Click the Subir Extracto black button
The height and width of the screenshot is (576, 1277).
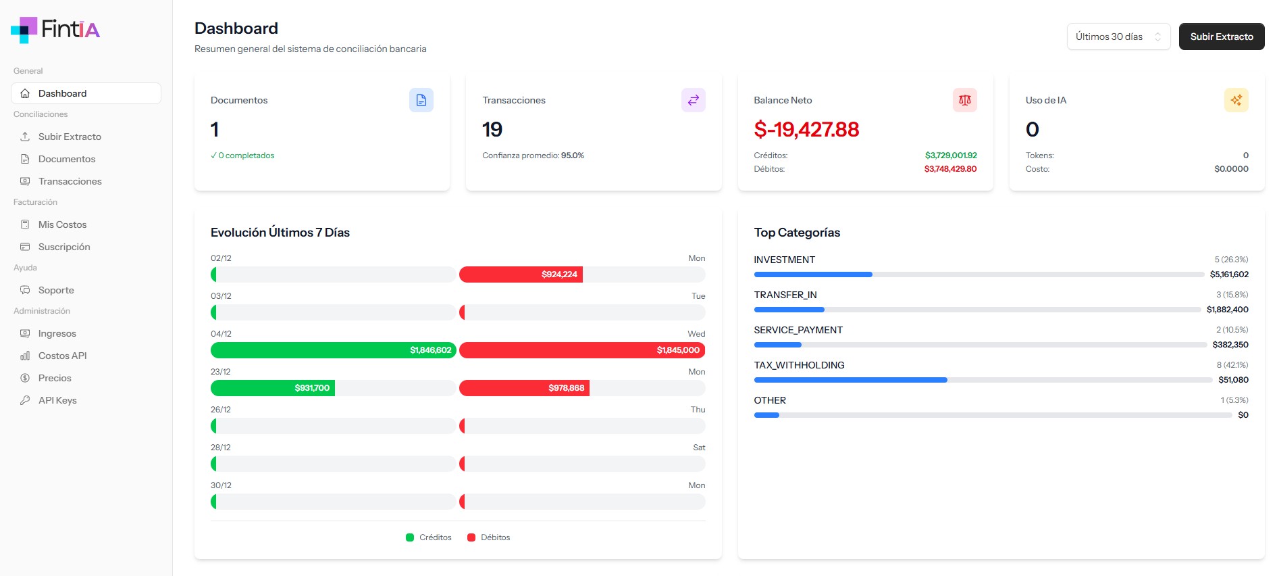click(1221, 37)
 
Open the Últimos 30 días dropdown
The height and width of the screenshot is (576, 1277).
click(1118, 37)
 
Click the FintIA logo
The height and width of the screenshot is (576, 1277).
click(55, 29)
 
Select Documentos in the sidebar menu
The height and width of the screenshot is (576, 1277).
click(66, 159)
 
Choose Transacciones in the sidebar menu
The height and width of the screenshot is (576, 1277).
click(70, 181)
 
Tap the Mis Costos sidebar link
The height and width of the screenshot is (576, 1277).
click(62, 224)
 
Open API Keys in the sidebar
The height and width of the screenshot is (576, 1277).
click(57, 400)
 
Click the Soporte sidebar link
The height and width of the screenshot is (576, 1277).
click(56, 290)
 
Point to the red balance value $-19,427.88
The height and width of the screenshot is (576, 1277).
click(806, 129)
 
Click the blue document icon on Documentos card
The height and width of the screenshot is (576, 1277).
click(421, 100)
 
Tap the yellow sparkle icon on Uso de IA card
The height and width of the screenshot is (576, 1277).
click(1236, 100)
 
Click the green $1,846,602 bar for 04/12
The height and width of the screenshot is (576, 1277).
click(334, 350)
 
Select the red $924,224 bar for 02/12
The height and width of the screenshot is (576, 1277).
click(521, 274)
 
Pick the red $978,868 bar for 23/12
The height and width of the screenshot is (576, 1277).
click(524, 388)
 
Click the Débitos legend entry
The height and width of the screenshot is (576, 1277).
click(489, 537)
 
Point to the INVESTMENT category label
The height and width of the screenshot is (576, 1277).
click(784, 260)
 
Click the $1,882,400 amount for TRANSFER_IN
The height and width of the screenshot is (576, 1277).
click(1227, 310)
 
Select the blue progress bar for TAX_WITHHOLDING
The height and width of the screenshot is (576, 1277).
click(850, 380)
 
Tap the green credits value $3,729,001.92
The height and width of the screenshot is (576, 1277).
click(951, 155)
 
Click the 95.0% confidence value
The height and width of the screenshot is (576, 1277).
click(572, 155)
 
